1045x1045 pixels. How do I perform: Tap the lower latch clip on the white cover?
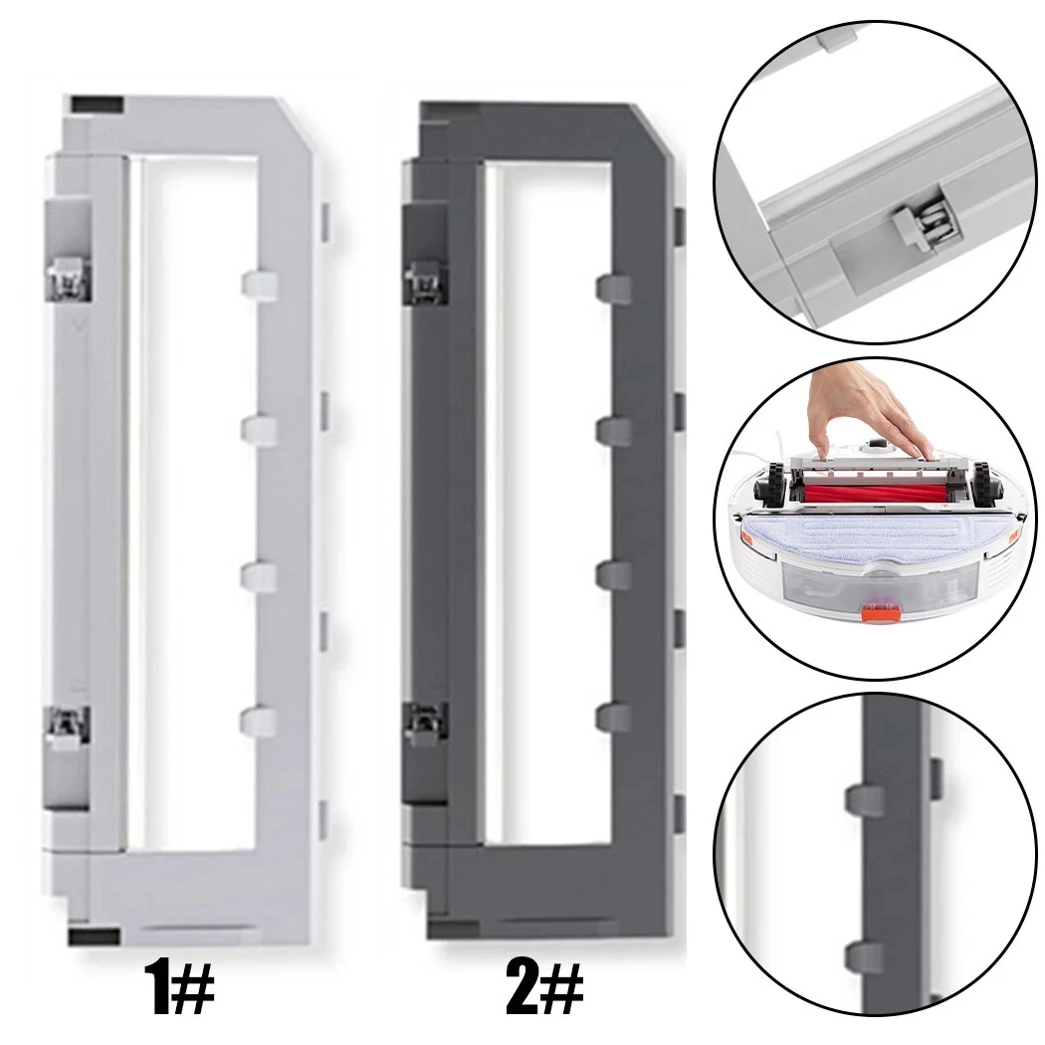pos(68,728)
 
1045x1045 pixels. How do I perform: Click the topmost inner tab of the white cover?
pos(258,285)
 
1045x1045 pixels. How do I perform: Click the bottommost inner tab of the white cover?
pos(258,721)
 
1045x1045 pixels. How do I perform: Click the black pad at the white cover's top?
pos(97,104)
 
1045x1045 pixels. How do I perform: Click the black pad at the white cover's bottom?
pos(95,935)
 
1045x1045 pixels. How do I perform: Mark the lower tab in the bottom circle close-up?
pos(862,957)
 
